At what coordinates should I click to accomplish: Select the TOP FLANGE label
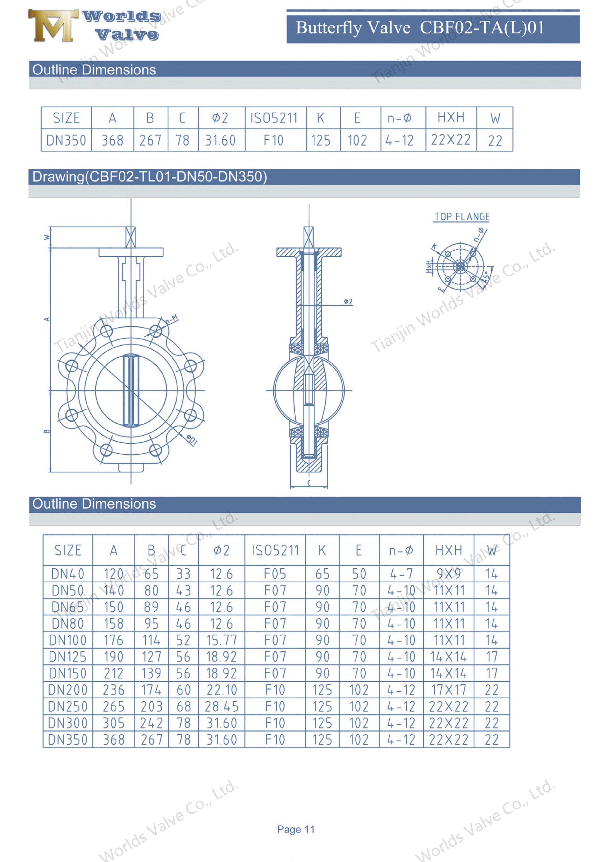pyautogui.click(x=462, y=217)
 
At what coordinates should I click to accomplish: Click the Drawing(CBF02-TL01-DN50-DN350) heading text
pyautogui.click(x=150, y=177)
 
